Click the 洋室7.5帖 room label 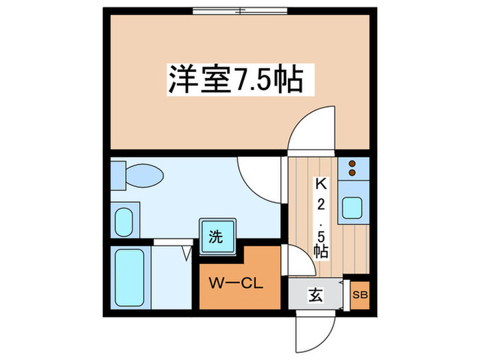(x=236, y=80)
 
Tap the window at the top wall (x=240, y=11)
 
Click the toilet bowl (x=145, y=176)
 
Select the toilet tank (x=118, y=176)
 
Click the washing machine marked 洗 (x=217, y=236)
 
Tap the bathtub (x=130, y=278)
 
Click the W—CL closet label (x=236, y=283)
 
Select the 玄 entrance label (x=315, y=296)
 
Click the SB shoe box (x=360, y=295)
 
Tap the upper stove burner (x=352, y=163)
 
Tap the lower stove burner (x=352, y=173)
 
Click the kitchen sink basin (x=352, y=208)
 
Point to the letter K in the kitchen (x=322, y=184)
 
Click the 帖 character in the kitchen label (x=321, y=251)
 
